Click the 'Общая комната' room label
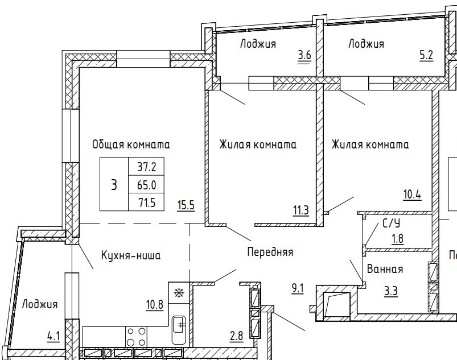[131, 144]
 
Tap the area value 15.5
[186, 206]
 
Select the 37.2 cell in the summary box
[146, 167]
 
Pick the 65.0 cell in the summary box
[146, 185]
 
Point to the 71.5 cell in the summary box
[146, 202]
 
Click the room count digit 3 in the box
[114, 185]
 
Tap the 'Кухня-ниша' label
[131, 255]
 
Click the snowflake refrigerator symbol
[178, 293]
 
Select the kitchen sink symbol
[178, 330]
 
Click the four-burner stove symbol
[136, 337]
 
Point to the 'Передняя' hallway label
[270, 251]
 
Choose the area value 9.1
[298, 289]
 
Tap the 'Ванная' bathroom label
[385, 269]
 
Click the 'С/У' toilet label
[391, 224]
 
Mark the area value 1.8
[398, 239]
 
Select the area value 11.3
[301, 210]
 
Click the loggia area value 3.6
[304, 55]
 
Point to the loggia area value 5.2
[426, 55]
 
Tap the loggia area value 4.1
[53, 337]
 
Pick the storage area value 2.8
[236, 336]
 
